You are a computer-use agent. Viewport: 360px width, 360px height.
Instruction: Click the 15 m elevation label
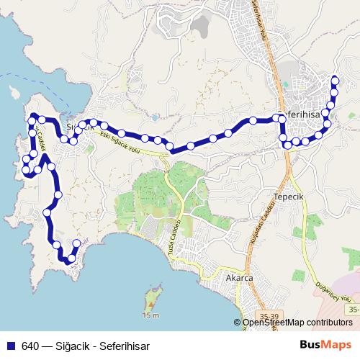[150, 315]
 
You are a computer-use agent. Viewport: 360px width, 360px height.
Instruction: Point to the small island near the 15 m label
[152, 297]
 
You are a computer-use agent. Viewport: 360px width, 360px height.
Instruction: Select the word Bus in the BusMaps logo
[313, 344]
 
